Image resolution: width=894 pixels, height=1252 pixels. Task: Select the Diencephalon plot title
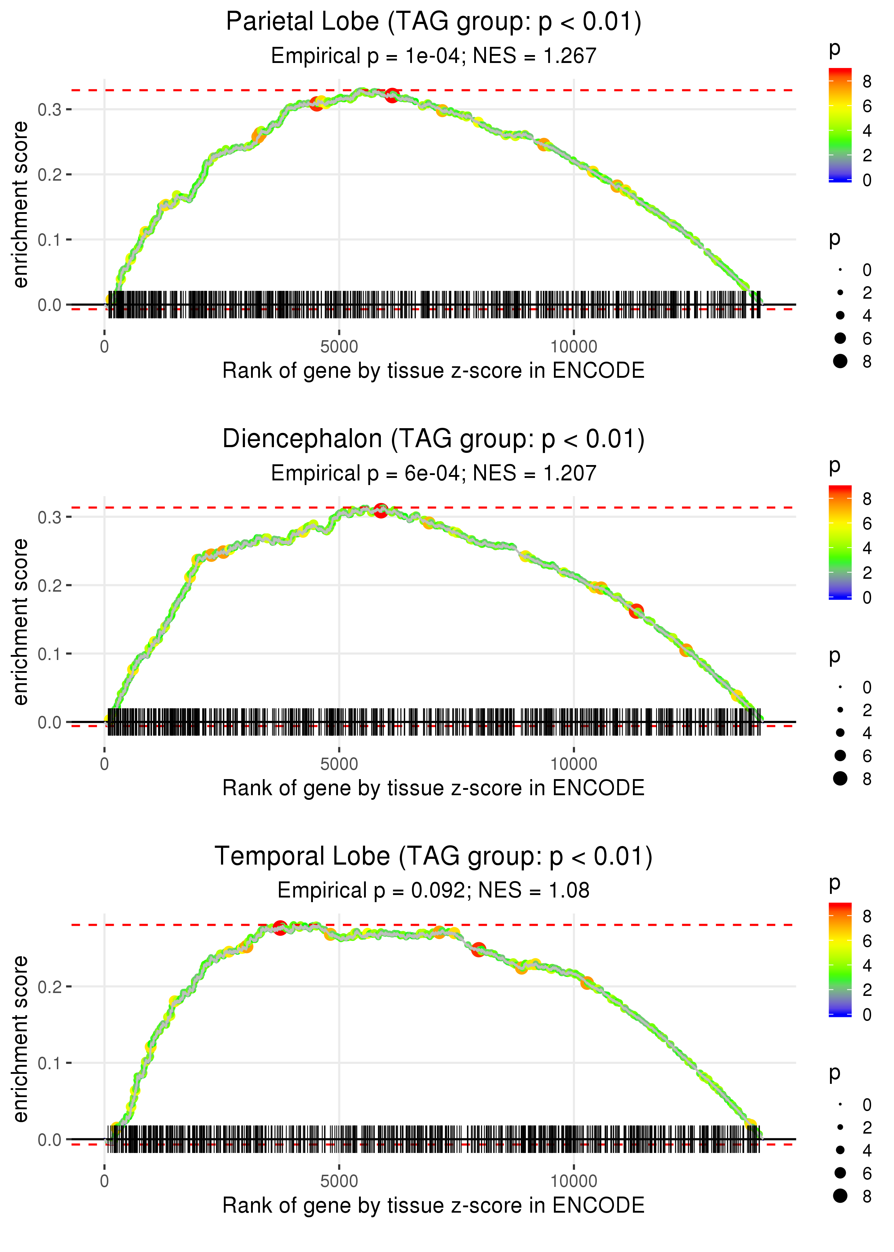tap(434, 439)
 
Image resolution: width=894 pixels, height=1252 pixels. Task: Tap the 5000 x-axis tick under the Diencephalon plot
tap(339, 764)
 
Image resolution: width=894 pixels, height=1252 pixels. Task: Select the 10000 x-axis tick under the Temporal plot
tap(574, 1182)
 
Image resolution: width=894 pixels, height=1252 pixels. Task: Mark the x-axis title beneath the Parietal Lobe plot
tap(434, 371)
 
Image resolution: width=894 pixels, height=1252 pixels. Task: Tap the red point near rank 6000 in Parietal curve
tap(392, 95)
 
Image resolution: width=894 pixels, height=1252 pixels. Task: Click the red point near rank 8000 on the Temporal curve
tap(478, 949)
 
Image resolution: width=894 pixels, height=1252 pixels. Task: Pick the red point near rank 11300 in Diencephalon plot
tap(637, 611)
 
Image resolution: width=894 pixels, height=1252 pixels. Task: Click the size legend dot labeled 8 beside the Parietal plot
tap(840, 361)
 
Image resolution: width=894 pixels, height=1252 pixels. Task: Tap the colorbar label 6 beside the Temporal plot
tap(867, 940)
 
